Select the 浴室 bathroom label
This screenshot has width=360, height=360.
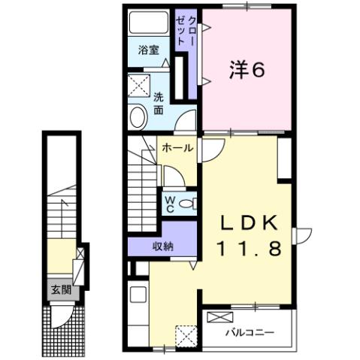tap(148, 50)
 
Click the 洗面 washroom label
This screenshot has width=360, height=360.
tap(159, 103)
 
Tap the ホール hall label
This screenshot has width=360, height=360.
tap(177, 147)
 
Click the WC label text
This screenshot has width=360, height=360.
tap(170, 204)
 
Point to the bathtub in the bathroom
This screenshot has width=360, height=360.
tap(149, 23)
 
